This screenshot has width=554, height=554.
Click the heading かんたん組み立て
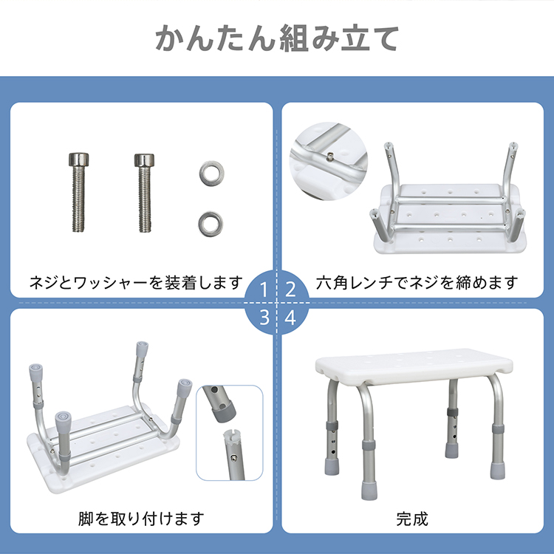click(x=277, y=38)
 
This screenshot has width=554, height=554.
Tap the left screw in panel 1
click(x=78, y=192)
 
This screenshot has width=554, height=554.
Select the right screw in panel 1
click(x=144, y=193)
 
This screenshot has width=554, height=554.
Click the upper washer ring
click(x=211, y=174)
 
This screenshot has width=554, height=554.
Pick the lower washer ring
click(x=211, y=224)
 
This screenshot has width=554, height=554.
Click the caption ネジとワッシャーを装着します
click(x=137, y=283)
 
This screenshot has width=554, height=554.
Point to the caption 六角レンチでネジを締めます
click(x=417, y=283)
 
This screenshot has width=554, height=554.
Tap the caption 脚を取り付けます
click(x=141, y=519)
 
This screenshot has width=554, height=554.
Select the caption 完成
click(x=412, y=519)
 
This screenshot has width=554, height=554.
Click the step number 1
click(x=264, y=290)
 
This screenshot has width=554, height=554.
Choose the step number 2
click(x=290, y=290)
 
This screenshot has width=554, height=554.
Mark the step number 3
click(x=264, y=318)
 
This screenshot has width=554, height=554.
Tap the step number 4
click(x=290, y=318)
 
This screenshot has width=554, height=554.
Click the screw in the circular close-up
click(x=330, y=156)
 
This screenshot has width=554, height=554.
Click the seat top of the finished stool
click(x=414, y=366)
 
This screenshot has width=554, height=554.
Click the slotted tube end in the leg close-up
click(x=232, y=437)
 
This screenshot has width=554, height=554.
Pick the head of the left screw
click(x=78, y=160)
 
